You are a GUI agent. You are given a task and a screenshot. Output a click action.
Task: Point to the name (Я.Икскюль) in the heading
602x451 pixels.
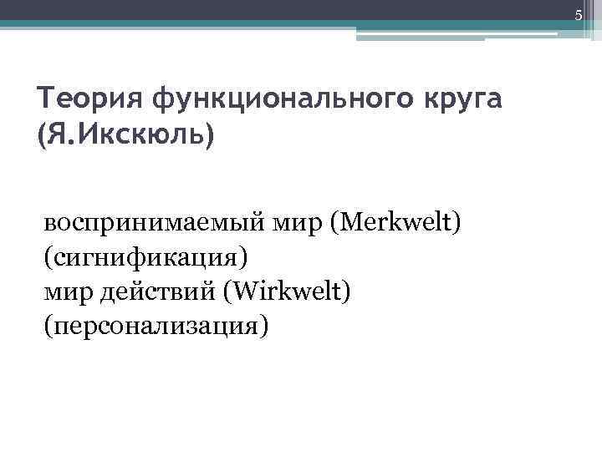(126, 134)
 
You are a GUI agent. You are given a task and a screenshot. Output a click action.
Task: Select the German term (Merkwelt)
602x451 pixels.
(395, 223)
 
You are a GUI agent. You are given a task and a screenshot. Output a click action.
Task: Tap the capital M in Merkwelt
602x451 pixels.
(352, 223)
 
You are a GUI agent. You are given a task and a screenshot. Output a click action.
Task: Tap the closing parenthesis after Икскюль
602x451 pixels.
(209, 134)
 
